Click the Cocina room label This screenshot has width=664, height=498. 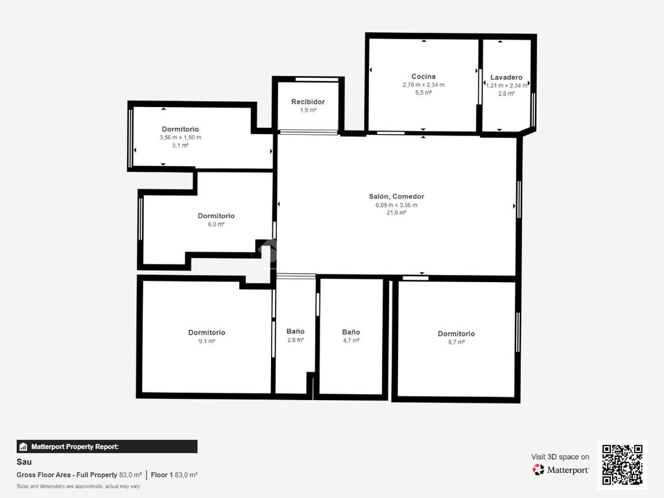pos(423,77)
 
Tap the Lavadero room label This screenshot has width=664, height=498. pos(506,77)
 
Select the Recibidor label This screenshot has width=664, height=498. pos(308,102)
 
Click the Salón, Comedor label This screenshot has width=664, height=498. pos(396,196)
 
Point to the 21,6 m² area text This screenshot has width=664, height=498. pos(396,213)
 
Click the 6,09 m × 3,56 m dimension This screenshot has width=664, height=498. pos(396,205)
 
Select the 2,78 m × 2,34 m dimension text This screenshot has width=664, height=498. pos(423,85)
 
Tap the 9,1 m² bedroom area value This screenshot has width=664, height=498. pos(207,341)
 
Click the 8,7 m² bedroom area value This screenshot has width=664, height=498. pos(456,342)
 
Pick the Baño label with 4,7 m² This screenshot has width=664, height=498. pos(351,332)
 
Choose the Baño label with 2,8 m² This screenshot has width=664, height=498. pos(295,331)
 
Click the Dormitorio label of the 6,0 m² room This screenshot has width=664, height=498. pos(216,215)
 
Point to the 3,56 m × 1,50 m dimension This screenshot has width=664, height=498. pos(180,137)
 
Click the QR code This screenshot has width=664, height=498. pos(622,464)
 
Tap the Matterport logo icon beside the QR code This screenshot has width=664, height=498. pos(538,469)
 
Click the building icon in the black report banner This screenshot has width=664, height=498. pos(23,447)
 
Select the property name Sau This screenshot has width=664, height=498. pos(24,462)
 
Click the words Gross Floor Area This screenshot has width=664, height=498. pos(43,475)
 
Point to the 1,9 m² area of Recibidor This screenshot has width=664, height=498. pos(308,110)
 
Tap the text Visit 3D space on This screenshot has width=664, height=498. pos(560,457)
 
